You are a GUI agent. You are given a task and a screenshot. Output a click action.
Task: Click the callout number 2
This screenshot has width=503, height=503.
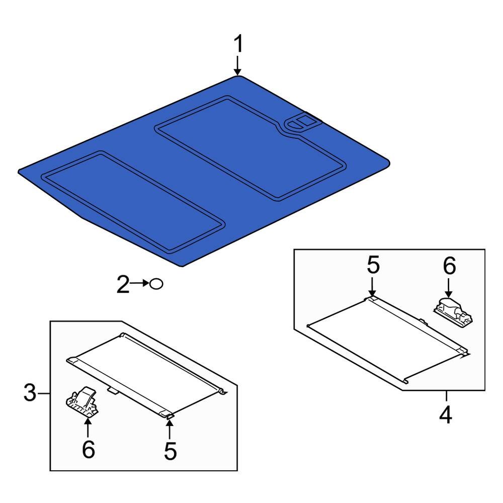coord(123,284)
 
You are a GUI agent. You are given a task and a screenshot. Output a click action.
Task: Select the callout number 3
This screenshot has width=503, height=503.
coord(30,393)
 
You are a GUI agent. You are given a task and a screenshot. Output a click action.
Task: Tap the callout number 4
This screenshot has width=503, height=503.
coord(446,415)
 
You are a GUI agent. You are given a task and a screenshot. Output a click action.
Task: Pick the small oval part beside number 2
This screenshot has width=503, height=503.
coord(156,284)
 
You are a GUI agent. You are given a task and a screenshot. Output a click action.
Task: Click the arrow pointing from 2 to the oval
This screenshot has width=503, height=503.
coord(139,283)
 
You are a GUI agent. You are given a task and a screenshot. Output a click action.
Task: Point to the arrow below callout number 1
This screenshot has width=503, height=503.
coord(237,66)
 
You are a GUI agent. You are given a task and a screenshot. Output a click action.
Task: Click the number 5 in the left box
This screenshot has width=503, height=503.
coord(171,451)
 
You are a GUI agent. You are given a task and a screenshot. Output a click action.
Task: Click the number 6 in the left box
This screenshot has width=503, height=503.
coord(89,449)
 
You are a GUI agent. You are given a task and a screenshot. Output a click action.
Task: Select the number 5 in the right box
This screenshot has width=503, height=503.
coord(373,265)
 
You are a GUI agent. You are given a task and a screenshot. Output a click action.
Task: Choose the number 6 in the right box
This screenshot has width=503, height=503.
coord(449,266)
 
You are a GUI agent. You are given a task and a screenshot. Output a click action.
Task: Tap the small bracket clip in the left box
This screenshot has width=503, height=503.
coord(82,401)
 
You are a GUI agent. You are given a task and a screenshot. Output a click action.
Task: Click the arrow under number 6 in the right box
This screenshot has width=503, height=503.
coord(449,288)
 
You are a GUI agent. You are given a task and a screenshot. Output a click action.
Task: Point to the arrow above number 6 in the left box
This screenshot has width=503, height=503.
coord(87,428)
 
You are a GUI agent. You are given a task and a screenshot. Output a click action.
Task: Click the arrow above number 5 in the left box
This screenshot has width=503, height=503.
coord(170,430)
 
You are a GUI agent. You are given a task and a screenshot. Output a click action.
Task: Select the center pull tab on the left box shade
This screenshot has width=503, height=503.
coord(112,390)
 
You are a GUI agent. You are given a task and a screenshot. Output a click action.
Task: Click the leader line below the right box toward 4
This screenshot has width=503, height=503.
coord(446,396)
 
